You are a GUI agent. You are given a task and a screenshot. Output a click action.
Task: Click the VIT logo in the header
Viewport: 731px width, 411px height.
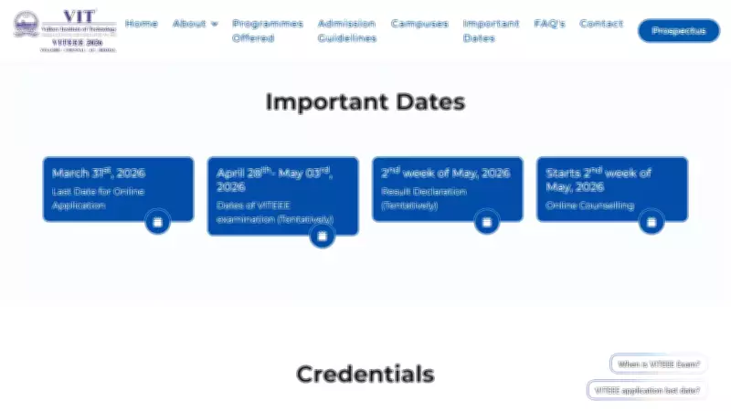click(65, 30)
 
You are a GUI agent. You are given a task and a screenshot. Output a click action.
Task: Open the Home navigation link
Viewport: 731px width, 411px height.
click(142, 24)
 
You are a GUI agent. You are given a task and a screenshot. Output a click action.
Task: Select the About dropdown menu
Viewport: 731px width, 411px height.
click(195, 24)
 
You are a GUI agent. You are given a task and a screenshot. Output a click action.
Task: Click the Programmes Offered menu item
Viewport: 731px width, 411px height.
click(267, 31)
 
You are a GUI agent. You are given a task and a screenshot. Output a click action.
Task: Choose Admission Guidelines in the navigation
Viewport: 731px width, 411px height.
click(346, 31)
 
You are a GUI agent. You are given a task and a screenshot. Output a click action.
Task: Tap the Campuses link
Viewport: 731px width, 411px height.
click(418, 24)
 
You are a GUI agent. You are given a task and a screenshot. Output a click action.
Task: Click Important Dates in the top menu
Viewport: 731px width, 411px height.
click(491, 31)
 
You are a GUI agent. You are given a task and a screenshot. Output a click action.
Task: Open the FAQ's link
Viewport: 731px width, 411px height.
click(549, 24)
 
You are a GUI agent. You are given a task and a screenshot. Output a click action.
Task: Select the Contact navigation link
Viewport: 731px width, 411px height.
click(601, 24)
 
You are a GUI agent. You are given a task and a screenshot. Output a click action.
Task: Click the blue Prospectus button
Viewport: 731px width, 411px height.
click(678, 31)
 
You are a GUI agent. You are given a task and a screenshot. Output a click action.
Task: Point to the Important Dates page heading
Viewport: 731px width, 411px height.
click(365, 102)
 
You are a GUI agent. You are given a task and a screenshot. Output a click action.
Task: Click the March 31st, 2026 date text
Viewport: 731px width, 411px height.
click(99, 173)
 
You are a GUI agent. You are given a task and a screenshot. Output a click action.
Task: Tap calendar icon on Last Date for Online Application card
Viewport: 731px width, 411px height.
click(157, 222)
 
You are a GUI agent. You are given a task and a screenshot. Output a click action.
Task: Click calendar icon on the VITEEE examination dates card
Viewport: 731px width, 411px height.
click(321, 237)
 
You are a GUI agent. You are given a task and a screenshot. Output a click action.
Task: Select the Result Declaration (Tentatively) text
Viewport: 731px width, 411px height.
click(424, 198)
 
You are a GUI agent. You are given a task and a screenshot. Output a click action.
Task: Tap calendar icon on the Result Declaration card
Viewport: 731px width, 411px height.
click(486, 222)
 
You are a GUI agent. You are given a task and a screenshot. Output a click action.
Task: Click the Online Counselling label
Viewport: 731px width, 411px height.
click(589, 205)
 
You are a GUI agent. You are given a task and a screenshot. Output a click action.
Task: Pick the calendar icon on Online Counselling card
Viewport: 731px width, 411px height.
click(651, 222)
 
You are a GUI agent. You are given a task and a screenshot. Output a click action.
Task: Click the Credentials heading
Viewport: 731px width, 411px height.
click(365, 374)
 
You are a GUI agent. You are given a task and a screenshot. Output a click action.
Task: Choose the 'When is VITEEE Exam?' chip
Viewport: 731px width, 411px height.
click(659, 364)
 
